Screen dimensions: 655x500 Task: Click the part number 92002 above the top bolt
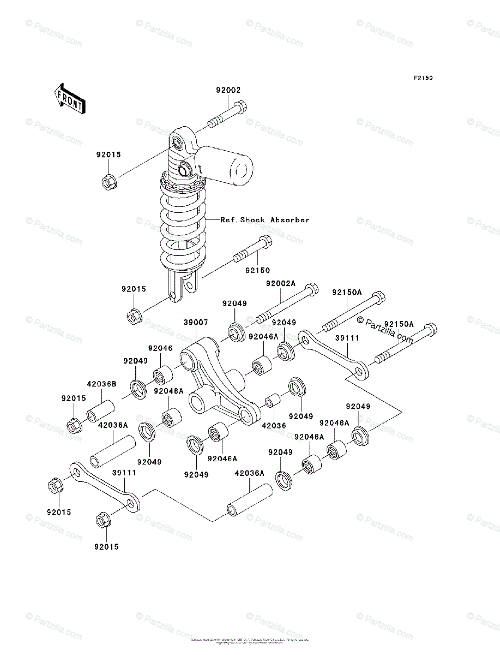228,91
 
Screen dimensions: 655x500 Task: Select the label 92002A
281,284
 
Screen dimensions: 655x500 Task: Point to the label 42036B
102,384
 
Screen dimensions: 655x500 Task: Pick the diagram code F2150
423,79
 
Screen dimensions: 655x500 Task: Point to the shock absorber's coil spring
183,224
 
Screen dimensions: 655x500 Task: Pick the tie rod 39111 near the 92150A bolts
334,354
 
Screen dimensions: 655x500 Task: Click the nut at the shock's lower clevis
134,316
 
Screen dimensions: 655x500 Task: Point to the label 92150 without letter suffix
257,270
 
